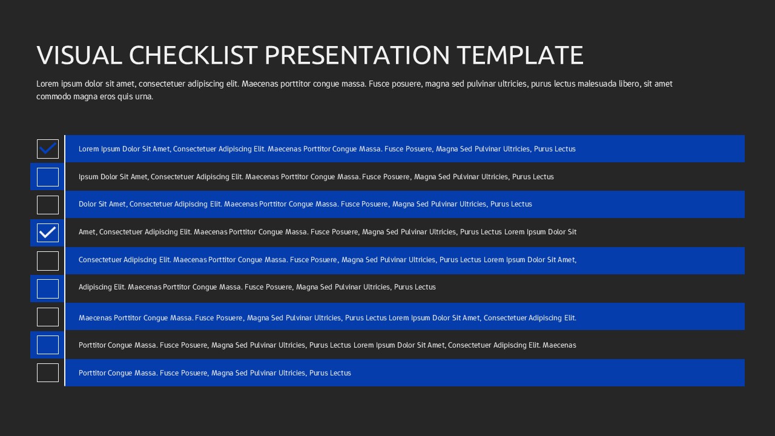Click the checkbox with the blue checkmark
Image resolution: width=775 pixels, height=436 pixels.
[x=48, y=149]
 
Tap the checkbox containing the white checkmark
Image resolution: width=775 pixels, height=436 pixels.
[x=48, y=233]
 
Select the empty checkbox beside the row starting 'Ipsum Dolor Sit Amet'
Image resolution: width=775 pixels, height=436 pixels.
[x=48, y=177]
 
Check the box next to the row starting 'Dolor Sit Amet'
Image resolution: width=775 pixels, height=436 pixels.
[x=48, y=205]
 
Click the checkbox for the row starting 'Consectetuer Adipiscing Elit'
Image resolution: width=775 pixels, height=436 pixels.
[x=48, y=261]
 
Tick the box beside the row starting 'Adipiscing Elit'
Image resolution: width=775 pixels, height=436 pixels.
[x=48, y=289]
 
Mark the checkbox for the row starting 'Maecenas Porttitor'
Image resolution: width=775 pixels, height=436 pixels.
[x=48, y=317]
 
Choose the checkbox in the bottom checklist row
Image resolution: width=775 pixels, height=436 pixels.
[x=48, y=372]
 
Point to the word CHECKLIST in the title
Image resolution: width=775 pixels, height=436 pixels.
[x=194, y=55]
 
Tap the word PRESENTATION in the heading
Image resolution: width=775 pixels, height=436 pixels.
[x=357, y=55]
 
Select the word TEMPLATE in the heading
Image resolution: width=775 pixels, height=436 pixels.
[x=520, y=55]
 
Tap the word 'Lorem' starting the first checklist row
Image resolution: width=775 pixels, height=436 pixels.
[x=89, y=149]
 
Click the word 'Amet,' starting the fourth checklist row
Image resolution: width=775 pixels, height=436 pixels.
[x=88, y=232]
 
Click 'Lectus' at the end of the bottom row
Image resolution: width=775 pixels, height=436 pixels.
[x=340, y=373]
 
